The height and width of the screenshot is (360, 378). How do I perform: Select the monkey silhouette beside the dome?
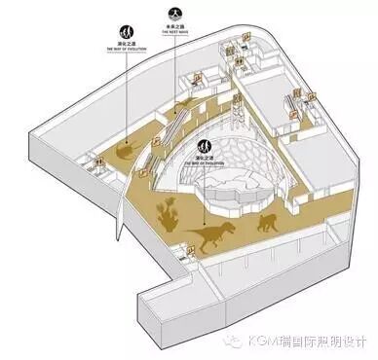265,223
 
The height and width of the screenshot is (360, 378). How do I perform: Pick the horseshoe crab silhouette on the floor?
124,152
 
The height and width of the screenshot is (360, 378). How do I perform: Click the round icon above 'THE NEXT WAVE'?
175,13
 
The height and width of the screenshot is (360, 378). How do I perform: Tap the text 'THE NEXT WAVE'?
175,31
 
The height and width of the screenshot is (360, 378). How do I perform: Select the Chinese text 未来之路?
175,25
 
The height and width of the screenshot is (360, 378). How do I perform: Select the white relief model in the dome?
229,190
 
